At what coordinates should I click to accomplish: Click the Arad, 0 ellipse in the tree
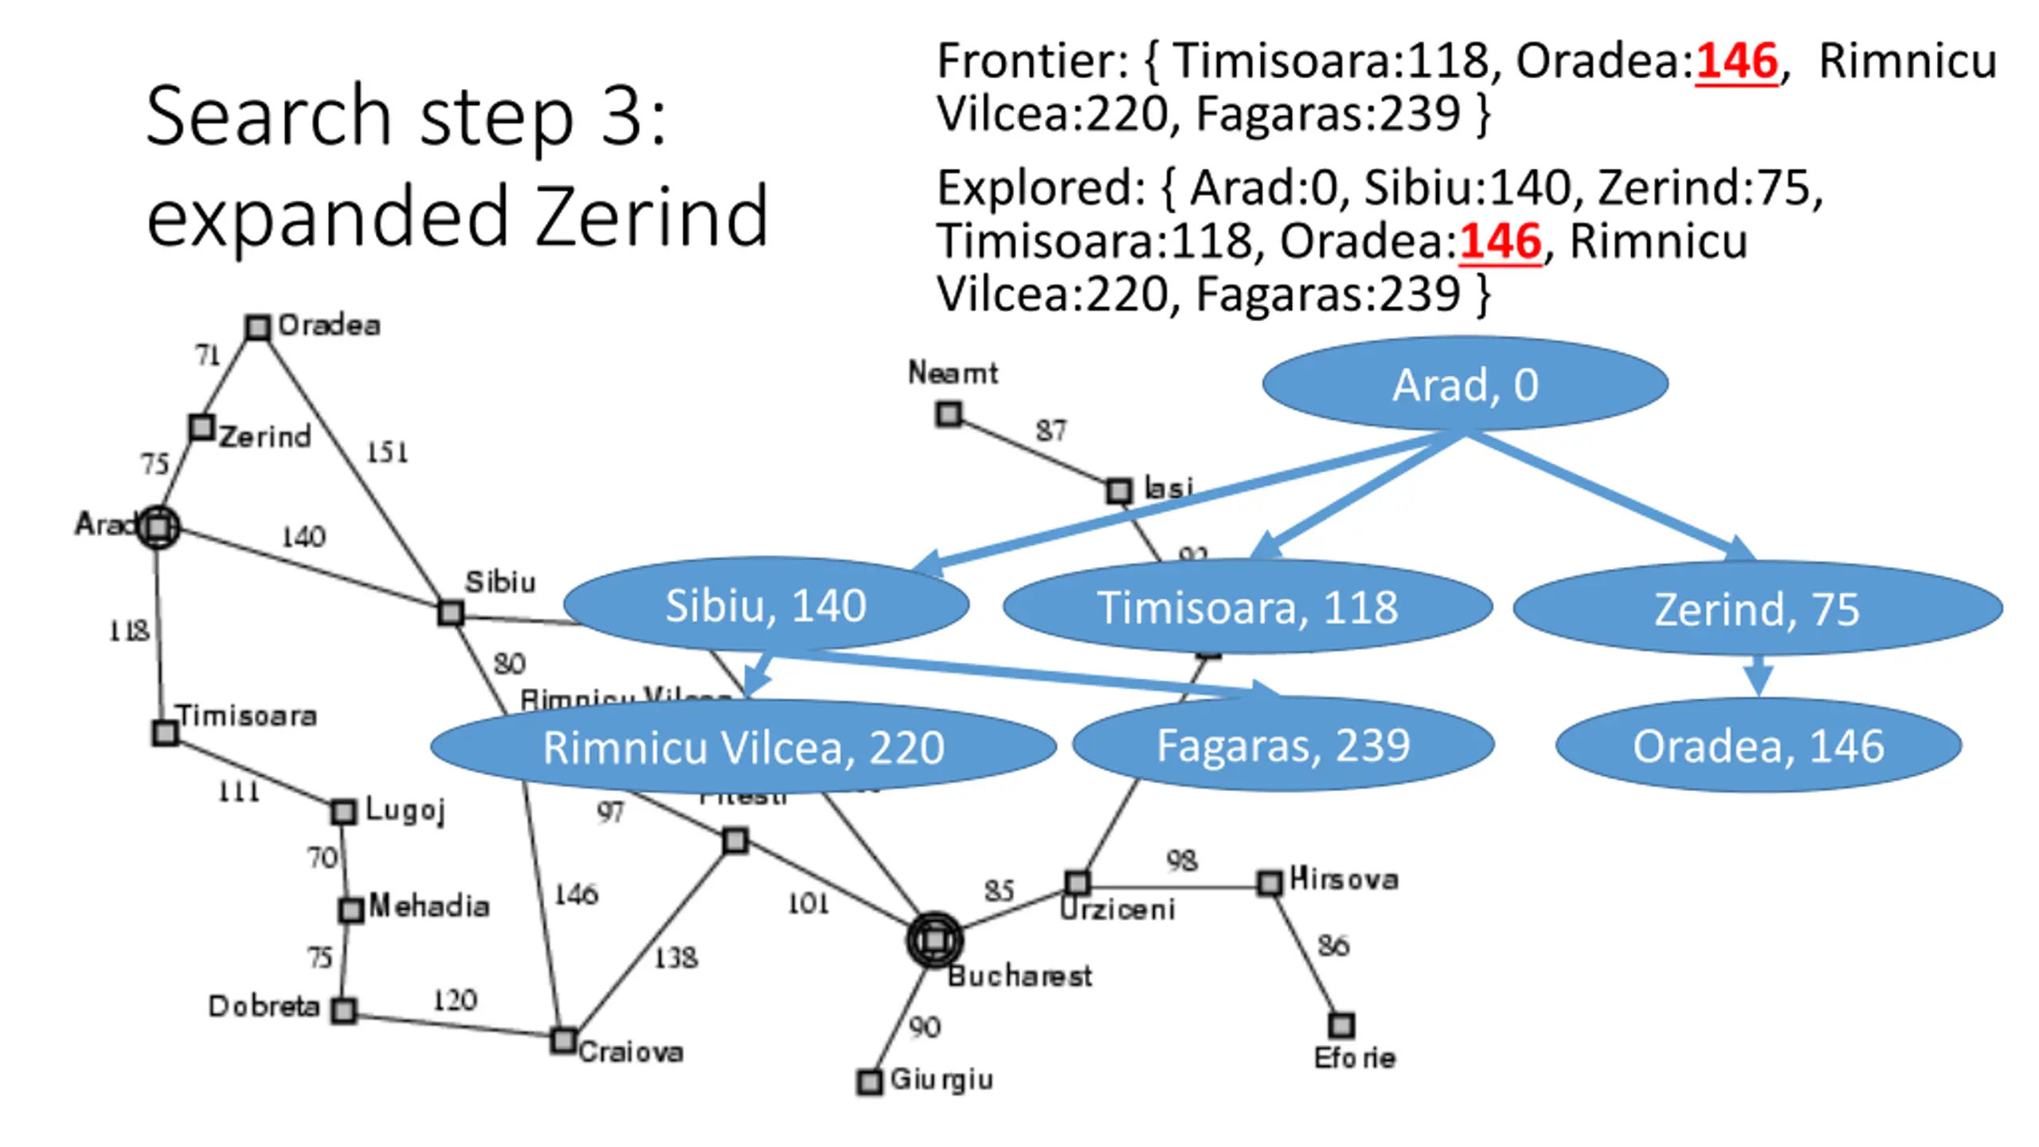click(1464, 384)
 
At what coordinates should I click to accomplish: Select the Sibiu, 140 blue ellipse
click(765, 605)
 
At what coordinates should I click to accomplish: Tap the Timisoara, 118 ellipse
click(1246, 607)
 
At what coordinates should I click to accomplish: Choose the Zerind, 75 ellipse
click(1756, 609)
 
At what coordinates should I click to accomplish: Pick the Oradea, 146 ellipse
click(1758, 746)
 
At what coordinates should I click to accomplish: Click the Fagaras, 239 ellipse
click(1282, 746)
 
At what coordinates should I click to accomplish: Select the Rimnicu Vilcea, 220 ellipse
click(743, 747)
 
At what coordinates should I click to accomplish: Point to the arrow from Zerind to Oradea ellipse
click(1758, 675)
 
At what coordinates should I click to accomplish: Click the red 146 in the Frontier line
click(1736, 61)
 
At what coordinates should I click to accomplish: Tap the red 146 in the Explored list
click(1501, 241)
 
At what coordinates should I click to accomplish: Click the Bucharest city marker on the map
click(934, 940)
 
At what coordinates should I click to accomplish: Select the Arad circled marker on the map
click(159, 527)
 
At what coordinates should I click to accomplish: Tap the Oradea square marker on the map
click(257, 327)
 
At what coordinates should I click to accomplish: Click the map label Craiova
click(631, 1052)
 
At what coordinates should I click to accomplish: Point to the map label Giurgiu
click(941, 1079)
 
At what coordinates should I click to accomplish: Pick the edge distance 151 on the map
click(387, 452)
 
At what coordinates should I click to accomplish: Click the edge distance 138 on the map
click(675, 957)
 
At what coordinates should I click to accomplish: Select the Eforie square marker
click(1341, 1024)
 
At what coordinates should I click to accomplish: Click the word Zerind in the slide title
click(652, 217)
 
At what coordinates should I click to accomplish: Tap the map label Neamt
click(953, 373)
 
